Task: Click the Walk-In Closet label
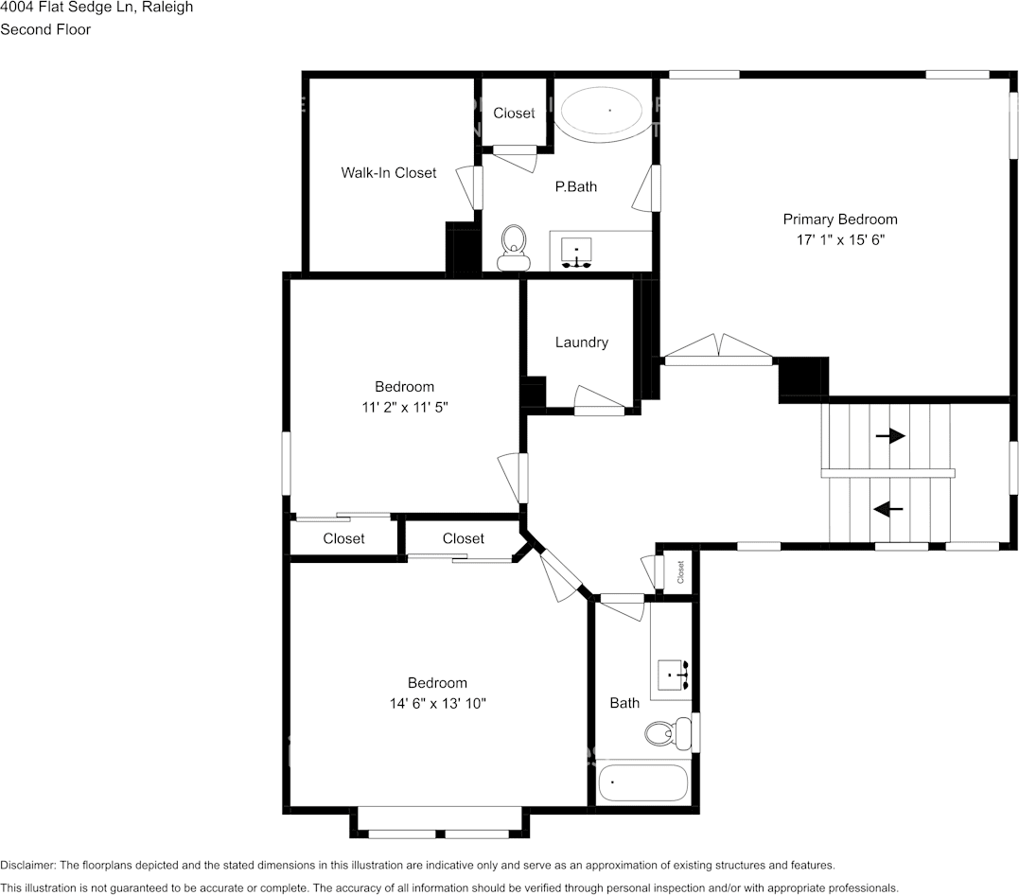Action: [x=389, y=172]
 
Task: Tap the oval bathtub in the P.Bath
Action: [x=606, y=112]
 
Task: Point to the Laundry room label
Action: [x=581, y=342]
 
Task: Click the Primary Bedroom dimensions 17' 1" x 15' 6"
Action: [x=839, y=240]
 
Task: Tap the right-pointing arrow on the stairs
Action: [x=889, y=436]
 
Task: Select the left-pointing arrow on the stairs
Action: [x=887, y=509]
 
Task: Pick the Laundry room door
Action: [x=600, y=401]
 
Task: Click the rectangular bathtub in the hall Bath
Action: [x=643, y=782]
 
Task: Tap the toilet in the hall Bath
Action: [x=666, y=731]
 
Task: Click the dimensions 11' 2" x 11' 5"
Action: [x=404, y=408]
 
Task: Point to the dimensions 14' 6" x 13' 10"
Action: [x=437, y=704]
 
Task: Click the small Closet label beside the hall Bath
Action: [x=680, y=572]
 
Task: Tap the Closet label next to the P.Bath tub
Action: [x=514, y=113]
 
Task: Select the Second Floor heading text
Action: [x=45, y=29]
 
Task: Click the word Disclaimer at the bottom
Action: [x=27, y=866]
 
